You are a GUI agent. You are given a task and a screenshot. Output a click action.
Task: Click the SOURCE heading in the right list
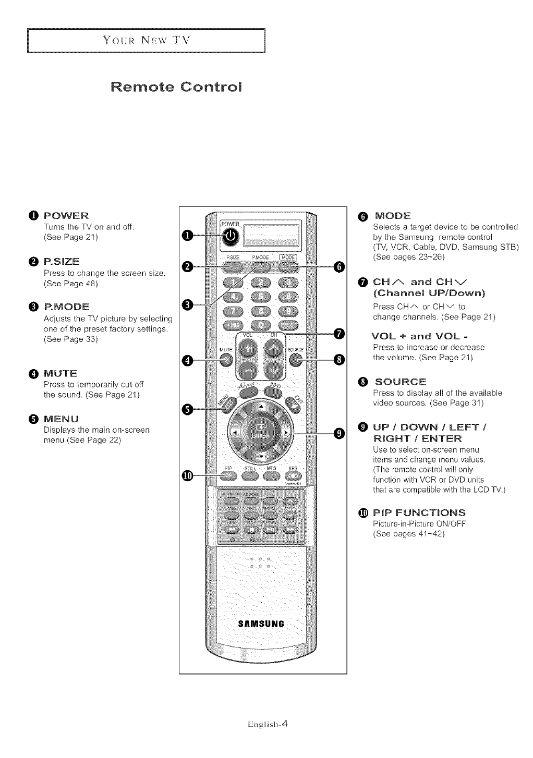[400, 382]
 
